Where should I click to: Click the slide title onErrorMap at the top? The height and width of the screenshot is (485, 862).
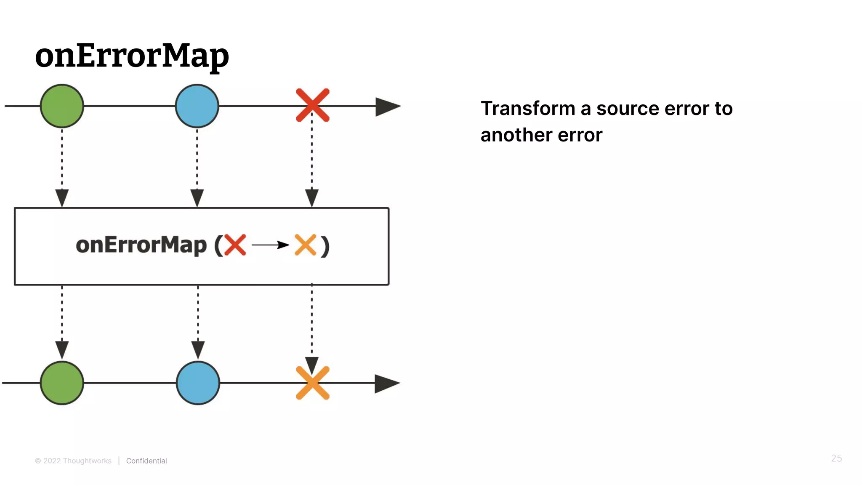(x=132, y=56)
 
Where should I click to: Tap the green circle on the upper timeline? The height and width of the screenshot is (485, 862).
(x=62, y=106)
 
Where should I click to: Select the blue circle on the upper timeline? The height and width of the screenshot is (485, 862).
(x=197, y=106)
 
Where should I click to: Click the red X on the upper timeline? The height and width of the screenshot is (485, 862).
(x=312, y=105)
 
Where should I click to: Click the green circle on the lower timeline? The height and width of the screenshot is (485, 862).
(x=62, y=383)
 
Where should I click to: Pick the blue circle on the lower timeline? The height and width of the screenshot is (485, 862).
(x=198, y=383)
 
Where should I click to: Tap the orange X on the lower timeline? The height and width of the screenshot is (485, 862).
(x=312, y=383)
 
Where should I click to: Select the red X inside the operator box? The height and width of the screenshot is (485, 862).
(x=235, y=245)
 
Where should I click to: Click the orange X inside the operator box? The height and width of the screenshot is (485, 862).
(x=305, y=245)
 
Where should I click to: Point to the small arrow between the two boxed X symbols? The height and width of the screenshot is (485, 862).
(x=270, y=245)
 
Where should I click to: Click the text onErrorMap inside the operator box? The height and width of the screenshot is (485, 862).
(x=141, y=245)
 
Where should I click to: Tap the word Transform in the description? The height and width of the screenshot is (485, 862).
(x=527, y=109)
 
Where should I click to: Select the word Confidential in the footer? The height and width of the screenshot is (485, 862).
(x=146, y=461)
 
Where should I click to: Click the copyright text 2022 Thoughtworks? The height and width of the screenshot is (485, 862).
(x=77, y=461)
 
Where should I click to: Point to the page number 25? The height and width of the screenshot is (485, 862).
(x=836, y=458)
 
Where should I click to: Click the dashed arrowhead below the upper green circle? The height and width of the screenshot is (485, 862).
(x=62, y=197)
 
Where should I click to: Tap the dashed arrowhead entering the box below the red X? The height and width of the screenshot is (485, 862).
(x=312, y=197)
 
